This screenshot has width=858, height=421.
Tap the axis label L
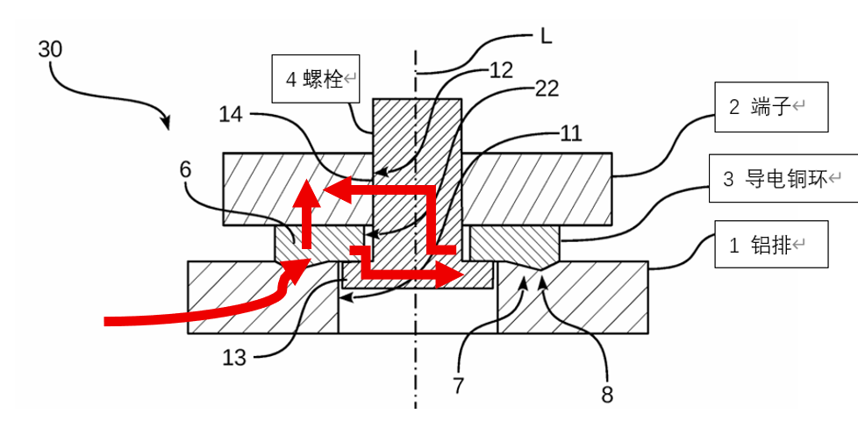[546, 37]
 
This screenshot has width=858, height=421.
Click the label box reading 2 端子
[770, 107]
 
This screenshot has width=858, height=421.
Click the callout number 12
[500, 71]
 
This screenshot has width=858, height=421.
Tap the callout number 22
[546, 89]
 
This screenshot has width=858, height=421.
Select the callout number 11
[570, 133]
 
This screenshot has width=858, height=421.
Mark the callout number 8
[607, 394]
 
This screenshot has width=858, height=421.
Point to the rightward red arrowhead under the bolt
[455, 275]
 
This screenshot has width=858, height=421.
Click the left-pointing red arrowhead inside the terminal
[326, 190]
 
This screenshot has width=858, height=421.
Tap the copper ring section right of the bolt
[514, 245]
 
